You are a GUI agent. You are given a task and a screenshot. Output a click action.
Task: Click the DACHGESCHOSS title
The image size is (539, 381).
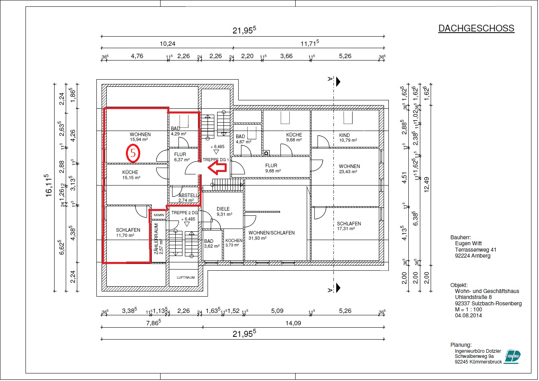click(476, 28)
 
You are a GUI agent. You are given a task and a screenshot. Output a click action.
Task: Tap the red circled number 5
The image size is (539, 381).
click(133, 153)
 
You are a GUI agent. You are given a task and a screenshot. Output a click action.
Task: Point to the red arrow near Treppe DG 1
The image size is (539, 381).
click(218, 167)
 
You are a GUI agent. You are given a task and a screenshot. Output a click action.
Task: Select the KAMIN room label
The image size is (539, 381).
click(159, 215)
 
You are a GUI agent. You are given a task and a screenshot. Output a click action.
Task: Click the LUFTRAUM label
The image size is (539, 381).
click(186, 277)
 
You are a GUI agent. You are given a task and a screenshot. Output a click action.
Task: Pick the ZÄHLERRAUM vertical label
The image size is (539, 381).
click(157, 238)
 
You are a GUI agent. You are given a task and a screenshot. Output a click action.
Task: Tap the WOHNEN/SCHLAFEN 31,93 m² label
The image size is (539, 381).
click(271, 235)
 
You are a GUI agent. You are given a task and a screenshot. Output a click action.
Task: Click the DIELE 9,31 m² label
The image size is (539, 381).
click(223, 211)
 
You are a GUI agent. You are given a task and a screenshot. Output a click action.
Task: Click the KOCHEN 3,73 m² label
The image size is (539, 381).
click(234, 243)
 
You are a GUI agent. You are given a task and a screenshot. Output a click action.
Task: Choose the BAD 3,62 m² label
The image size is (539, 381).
click(211, 244)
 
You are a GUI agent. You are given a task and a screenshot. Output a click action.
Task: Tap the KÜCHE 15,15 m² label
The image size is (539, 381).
click(131, 175)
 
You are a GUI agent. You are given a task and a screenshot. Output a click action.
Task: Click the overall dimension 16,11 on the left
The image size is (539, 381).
click(48, 186)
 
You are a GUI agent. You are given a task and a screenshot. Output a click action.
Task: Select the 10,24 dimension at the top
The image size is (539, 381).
click(167, 44)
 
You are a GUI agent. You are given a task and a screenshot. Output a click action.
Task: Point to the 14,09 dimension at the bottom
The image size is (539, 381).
click(293, 323)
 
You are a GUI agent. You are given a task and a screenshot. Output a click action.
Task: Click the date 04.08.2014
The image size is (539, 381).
click(468, 315)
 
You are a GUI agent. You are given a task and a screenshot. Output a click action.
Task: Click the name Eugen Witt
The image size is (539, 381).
click(468, 243)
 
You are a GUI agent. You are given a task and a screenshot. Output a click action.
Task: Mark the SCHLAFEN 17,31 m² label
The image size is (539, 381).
click(349, 226)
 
